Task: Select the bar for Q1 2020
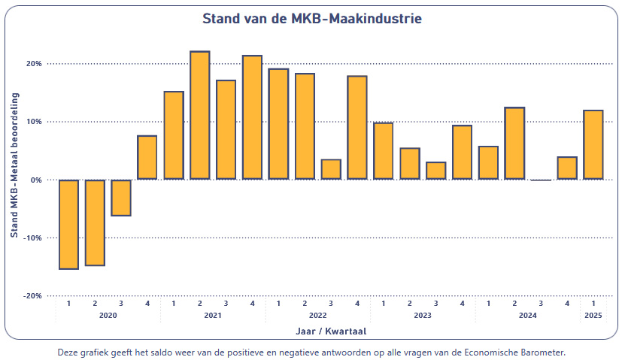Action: (68, 224)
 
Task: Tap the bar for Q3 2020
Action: (121, 198)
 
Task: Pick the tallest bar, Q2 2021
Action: (199, 115)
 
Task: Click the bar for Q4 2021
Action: (252, 117)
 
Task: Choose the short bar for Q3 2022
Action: (331, 169)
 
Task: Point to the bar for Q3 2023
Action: (435, 171)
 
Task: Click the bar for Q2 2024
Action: (514, 144)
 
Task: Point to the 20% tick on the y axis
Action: (34, 64)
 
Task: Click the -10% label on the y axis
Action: (32, 238)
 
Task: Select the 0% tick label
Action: (35, 180)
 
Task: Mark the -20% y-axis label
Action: (32, 296)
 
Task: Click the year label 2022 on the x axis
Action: (317, 316)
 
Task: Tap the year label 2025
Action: (593, 316)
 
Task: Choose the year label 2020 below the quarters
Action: (108, 316)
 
